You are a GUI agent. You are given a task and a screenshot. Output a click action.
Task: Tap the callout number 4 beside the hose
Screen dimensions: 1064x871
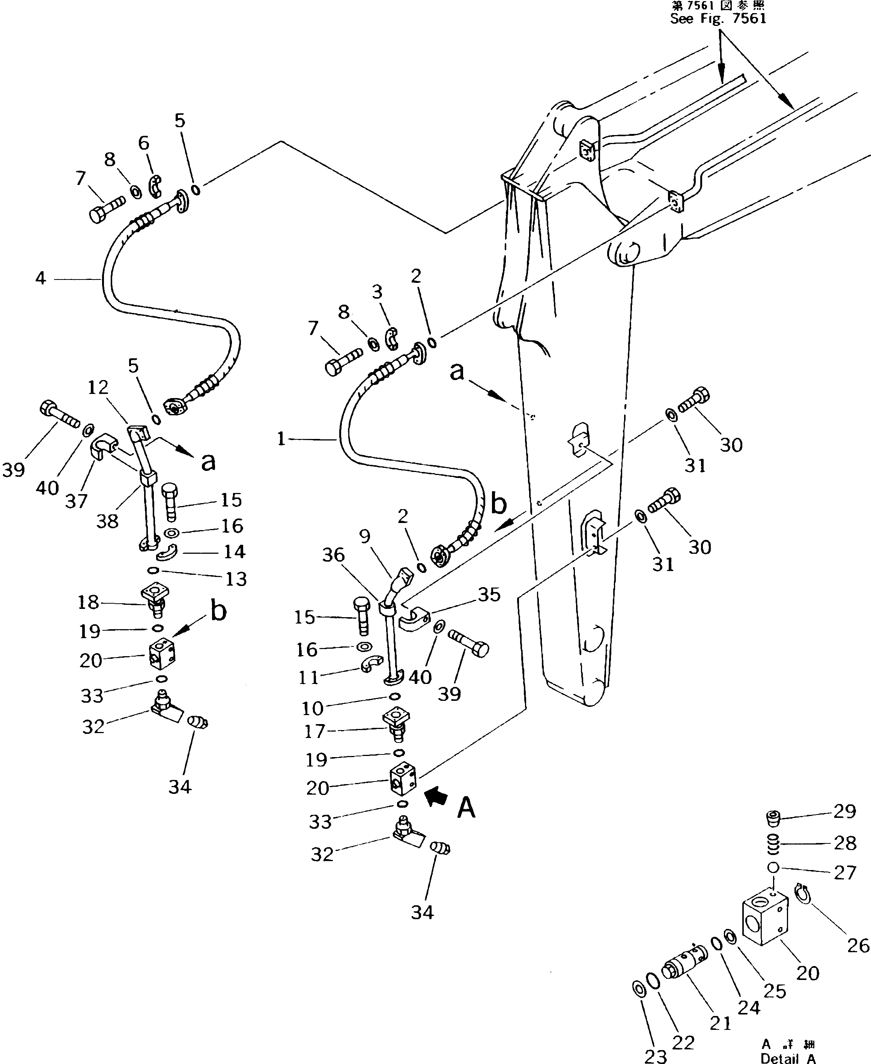click(41, 277)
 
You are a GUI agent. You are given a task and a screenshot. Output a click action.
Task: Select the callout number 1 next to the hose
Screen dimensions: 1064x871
click(281, 439)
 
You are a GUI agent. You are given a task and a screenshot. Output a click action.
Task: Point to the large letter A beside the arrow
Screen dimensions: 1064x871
click(466, 808)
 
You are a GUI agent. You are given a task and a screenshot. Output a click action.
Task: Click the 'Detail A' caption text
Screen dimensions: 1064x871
click(788, 1058)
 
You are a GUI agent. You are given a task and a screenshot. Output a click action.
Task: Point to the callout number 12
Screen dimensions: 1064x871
click(98, 387)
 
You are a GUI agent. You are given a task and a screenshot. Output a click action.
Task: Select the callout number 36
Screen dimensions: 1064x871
click(334, 555)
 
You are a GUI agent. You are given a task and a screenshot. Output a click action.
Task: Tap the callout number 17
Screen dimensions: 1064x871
click(315, 731)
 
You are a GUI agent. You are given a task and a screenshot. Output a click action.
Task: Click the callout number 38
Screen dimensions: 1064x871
click(107, 521)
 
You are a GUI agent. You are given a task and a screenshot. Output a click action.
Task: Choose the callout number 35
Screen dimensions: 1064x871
click(489, 594)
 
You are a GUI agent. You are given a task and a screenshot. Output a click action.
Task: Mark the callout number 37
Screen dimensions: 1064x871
click(76, 500)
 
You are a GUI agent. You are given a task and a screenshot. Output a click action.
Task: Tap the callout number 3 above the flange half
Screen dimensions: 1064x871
click(377, 292)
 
